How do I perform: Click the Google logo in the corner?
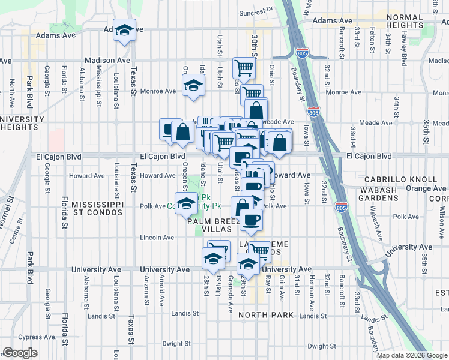(x=20, y=353)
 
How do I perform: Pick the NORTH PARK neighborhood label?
(x=266, y=315)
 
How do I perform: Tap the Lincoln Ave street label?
(x=157, y=238)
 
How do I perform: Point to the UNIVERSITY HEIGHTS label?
(x=22, y=123)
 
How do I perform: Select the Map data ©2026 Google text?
(x=412, y=355)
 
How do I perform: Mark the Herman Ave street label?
(x=312, y=285)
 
